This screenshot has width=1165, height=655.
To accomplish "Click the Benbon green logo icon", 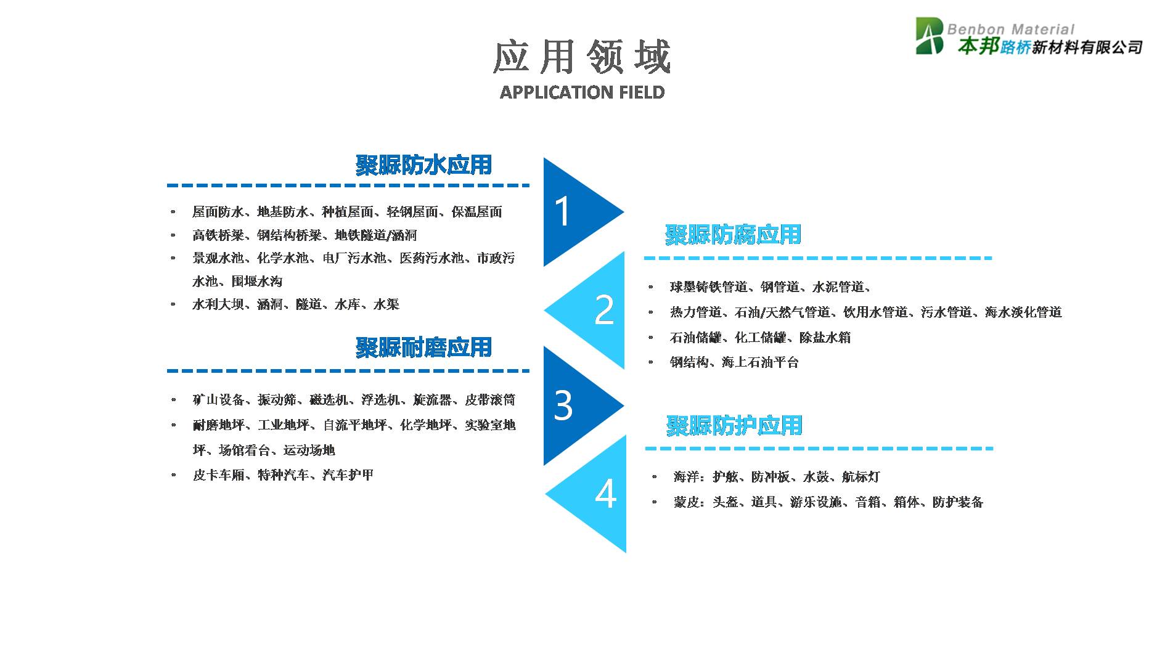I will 930,36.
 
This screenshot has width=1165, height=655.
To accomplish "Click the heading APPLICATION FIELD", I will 582,92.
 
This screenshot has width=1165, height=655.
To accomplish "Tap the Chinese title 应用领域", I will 582,57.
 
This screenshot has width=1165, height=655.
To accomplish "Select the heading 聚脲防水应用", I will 423,165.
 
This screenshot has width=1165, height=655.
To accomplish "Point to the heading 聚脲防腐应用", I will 733,235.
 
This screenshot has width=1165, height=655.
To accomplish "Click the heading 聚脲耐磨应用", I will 423,348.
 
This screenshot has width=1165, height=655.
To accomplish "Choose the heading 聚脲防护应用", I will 734,426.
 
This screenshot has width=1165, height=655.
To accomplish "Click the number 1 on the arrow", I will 563,211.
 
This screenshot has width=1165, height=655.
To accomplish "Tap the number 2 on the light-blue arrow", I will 604,310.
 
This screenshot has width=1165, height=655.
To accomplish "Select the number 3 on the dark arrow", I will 563,405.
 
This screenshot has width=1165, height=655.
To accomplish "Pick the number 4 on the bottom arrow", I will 605,494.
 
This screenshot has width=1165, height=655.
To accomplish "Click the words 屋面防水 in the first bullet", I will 218,212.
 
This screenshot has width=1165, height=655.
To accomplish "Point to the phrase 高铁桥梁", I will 218,235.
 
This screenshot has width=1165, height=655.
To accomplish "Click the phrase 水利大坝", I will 218,304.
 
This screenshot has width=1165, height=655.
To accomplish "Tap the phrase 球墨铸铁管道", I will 709,287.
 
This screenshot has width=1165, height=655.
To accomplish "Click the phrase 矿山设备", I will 218,400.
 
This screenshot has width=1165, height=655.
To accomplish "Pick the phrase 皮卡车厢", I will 219,475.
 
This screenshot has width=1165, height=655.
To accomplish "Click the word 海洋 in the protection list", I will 687,477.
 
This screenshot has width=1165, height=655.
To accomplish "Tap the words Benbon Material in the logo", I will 1011,29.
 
